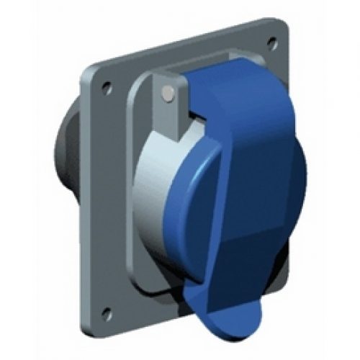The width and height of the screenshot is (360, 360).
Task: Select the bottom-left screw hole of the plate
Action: (107, 312)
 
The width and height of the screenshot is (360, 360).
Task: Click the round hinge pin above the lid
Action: (168, 91)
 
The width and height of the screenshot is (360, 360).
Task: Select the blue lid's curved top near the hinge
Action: (230, 79)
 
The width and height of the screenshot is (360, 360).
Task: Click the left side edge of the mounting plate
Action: (85, 202)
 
